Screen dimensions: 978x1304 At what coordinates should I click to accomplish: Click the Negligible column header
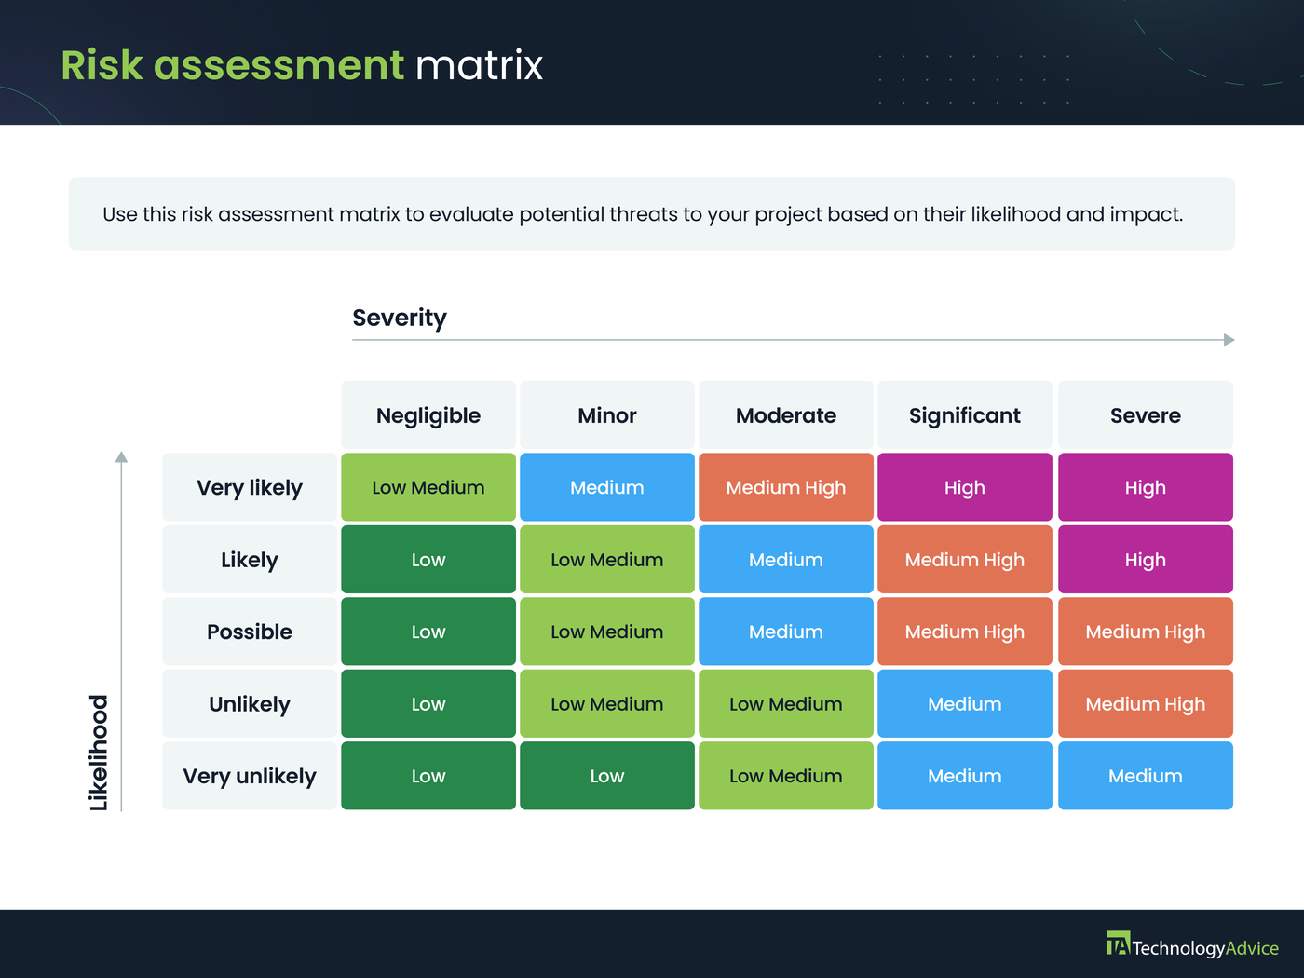[x=428, y=415]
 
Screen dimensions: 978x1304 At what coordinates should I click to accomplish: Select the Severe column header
[x=1145, y=415]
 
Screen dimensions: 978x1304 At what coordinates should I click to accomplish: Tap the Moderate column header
[x=786, y=415]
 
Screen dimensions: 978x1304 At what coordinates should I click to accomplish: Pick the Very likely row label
[x=250, y=487]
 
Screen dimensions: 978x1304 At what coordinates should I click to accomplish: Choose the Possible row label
[x=250, y=632]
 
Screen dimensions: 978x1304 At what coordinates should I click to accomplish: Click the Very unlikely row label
[x=250, y=776]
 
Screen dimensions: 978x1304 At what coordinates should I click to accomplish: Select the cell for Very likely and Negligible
[x=428, y=487]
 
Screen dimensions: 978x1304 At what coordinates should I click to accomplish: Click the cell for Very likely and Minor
[x=607, y=487]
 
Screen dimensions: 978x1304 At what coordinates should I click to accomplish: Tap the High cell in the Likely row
[x=1145, y=560]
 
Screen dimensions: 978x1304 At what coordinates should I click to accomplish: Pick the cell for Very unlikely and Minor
[x=607, y=776]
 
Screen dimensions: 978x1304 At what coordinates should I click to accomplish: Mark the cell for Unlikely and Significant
[x=965, y=704]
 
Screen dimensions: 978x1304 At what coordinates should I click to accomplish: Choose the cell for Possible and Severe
[x=1145, y=632]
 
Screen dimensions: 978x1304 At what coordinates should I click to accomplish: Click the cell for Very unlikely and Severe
[x=1145, y=776]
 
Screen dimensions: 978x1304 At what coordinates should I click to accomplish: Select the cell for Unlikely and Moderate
[x=786, y=704]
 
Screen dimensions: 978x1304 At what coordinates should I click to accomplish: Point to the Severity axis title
[x=400, y=318]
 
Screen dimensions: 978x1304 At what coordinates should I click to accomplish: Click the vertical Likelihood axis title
[x=99, y=753]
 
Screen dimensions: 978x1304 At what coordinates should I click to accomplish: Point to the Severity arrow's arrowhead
[x=1229, y=340]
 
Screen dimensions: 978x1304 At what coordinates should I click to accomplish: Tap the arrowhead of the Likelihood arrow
[x=121, y=456]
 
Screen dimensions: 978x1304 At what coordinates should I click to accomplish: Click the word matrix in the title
[x=479, y=65]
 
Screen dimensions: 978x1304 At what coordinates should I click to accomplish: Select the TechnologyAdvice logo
[x=1192, y=946]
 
